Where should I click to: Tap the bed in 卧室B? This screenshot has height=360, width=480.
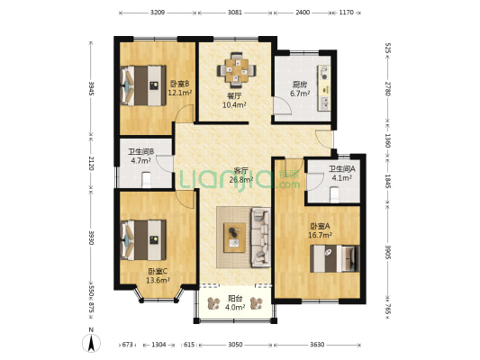click(x=143, y=85)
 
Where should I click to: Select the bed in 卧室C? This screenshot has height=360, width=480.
click(x=143, y=240)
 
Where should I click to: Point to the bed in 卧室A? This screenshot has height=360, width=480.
click(x=334, y=258)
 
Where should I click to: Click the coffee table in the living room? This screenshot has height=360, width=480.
click(x=234, y=238)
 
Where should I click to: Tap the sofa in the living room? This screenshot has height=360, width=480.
click(x=261, y=237)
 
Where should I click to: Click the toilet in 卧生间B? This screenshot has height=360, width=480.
click(x=147, y=179)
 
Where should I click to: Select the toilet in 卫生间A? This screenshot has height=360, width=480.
click(x=335, y=194)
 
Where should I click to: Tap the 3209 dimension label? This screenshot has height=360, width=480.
click(x=158, y=13)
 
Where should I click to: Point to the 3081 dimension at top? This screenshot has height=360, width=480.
click(x=235, y=13)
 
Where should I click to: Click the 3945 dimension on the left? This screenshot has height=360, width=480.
click(x=91, y=88)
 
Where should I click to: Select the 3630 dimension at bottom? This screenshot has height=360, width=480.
click(x=317, y=345)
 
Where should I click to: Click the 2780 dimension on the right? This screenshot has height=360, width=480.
click(x=387, y=89)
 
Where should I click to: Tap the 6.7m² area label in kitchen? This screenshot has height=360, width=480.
click(x=300, y=94)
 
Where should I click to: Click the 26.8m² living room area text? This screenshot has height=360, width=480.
click(x=241, y=179)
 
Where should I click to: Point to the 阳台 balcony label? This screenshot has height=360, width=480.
click(x=235, y=299)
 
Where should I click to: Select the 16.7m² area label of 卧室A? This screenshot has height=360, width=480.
click(x=321, y=235)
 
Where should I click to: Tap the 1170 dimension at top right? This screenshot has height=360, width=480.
click(x=346, y=13)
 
